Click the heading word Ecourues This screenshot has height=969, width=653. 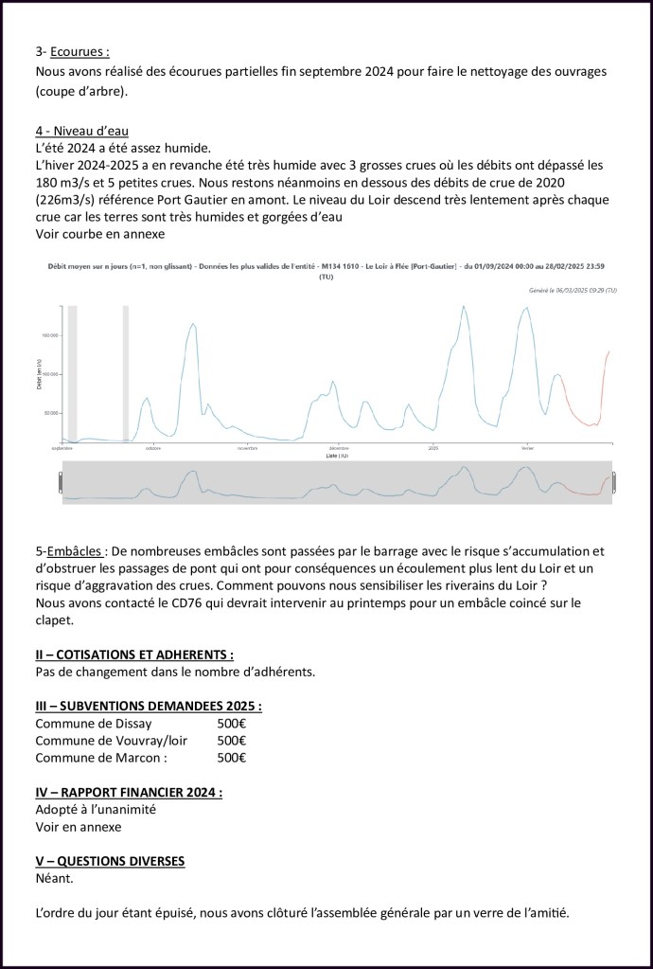click(x=79, y=53)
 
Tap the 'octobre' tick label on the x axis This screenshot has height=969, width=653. click(x=153, y=448)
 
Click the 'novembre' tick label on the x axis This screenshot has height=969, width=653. click(x=247, y=448)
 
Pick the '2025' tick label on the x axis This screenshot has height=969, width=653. click(x=432, y=448)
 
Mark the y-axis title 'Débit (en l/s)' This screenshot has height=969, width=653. click(x=39, y=373)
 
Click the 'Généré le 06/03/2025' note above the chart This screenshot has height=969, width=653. click(x=573, y=291)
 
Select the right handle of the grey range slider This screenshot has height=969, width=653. click(x=613, y=483)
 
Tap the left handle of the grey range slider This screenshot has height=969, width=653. click(x=63, y=483)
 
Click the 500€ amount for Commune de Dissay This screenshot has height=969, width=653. click(x=231, y=724)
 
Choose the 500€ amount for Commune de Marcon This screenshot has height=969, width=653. click(x=231, y=758)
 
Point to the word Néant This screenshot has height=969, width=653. click(x=55, y=878)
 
